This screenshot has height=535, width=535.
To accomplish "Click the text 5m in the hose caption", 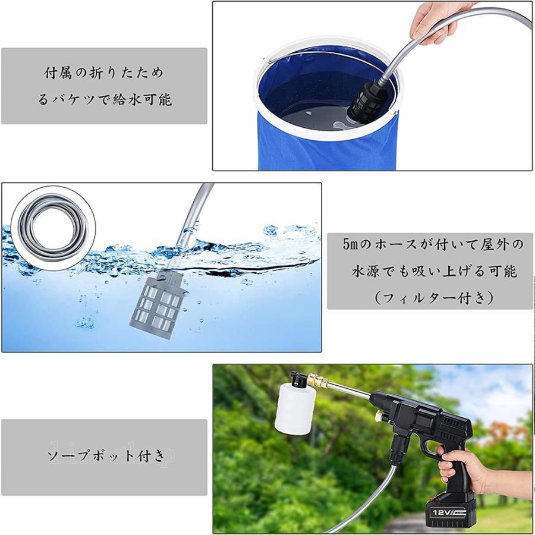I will [351, 244].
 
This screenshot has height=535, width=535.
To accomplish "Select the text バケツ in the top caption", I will [74, 99].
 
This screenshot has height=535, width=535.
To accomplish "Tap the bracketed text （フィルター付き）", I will [433, 297].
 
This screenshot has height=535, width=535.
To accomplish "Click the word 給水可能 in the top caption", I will [143, 99].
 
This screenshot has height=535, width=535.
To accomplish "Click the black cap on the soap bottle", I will [298, 379].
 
